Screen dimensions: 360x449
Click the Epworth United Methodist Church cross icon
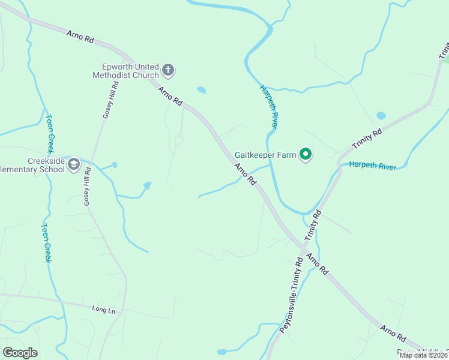168,70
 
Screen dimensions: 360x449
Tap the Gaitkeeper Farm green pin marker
306,155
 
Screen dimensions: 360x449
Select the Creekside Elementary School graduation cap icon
74,164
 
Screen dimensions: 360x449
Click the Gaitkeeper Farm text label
265,155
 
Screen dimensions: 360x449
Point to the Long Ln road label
103,309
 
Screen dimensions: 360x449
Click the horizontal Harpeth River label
372,166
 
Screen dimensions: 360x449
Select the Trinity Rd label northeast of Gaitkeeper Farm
367,140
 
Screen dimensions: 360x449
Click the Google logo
20,353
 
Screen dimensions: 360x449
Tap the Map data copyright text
424,355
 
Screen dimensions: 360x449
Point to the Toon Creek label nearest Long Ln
46,243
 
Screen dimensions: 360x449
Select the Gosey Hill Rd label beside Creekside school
87,187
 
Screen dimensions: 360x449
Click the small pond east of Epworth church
201,91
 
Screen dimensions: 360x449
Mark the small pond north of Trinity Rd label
381,115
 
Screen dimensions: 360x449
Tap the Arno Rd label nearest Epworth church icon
170,97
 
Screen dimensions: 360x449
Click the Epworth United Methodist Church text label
126,71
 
